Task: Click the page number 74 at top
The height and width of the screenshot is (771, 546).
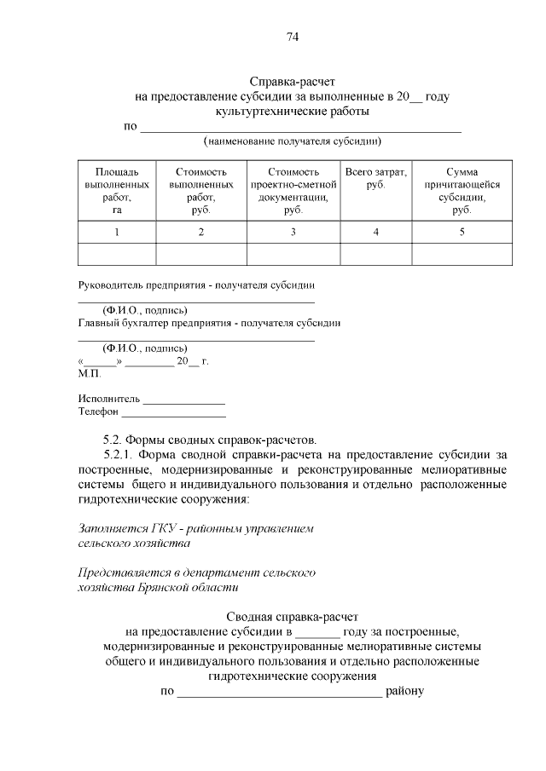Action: click(x=293, y=36)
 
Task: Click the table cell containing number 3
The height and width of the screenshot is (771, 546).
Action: click(x=293, y=232)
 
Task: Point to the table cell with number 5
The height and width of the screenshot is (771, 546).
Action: click(x=462, y=232)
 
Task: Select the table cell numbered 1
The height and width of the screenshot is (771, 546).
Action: click(x=117, y=232)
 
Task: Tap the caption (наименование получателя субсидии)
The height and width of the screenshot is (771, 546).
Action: click(x=292, y=141)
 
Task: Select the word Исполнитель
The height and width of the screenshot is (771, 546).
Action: click(x=109, y=399)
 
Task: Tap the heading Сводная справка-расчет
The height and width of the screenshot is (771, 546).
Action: click(x=293, y=616)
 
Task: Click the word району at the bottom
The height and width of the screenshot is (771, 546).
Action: click(x=404, y=691)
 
